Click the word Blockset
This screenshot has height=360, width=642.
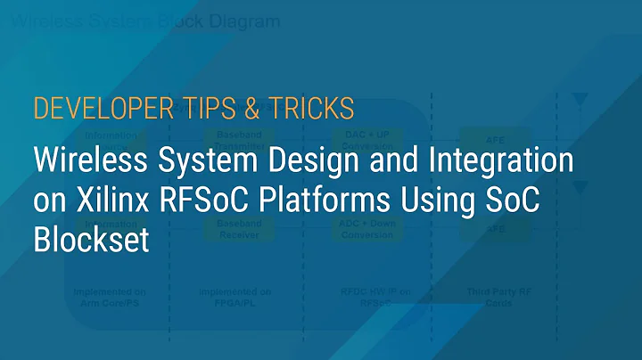(x=89, y=241)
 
